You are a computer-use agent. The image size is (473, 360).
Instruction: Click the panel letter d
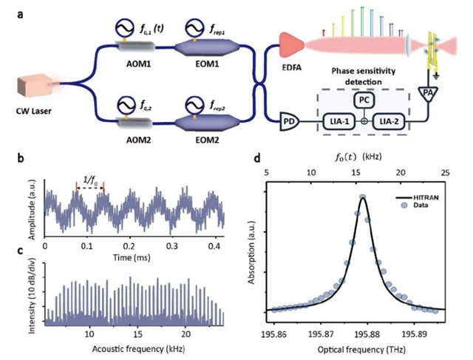[x=256, y=158]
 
